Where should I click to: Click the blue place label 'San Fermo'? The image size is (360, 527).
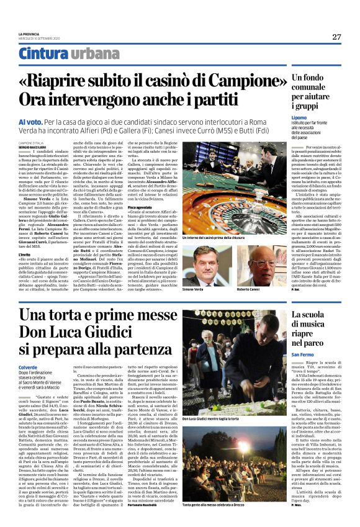(x=304, y=354)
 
